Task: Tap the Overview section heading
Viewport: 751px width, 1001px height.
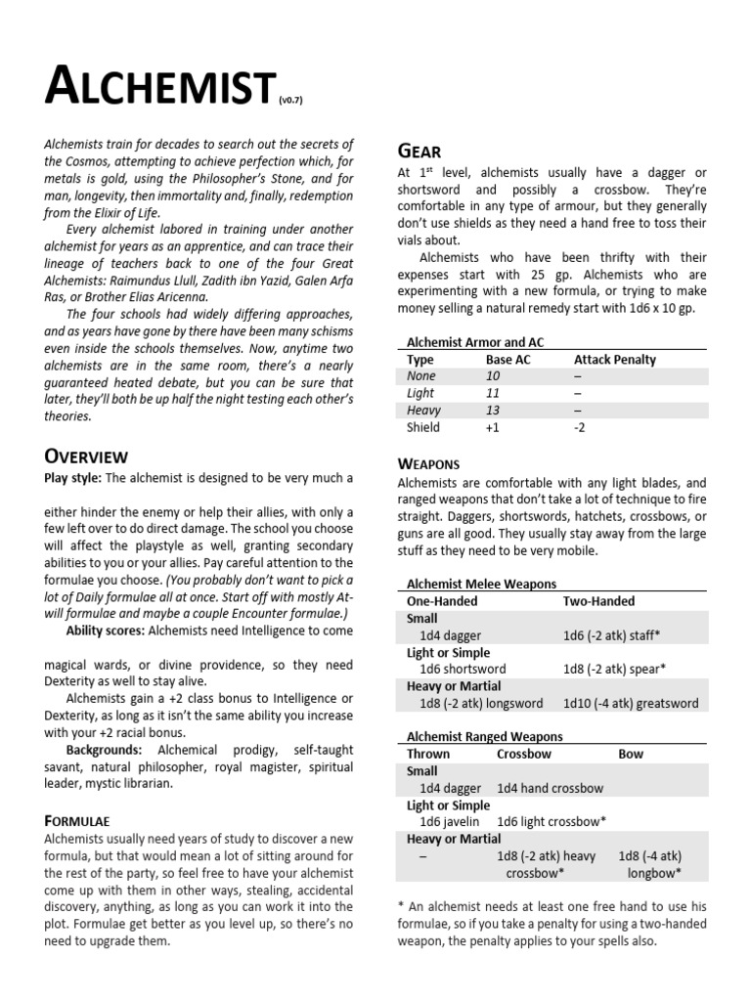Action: (x=86, y=456)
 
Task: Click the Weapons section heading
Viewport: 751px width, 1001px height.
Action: (x=429, y=462)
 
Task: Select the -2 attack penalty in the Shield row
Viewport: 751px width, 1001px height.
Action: (x=580, y=428)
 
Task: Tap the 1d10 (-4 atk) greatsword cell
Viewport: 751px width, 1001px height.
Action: (x=631, y=703)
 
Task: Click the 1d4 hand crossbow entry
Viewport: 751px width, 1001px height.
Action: (x=550, y=788)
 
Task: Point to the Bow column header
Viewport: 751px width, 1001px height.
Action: (x=631, y=754)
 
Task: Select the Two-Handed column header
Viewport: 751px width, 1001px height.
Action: (x=598, y=601)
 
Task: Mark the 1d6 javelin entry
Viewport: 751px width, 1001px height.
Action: (x=449, y=821)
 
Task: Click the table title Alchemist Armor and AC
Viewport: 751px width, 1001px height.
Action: (x=474, y=342)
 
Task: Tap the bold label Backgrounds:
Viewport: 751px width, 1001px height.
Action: (x=104, y=749)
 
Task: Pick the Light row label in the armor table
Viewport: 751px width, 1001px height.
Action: (x=421, y=393)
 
